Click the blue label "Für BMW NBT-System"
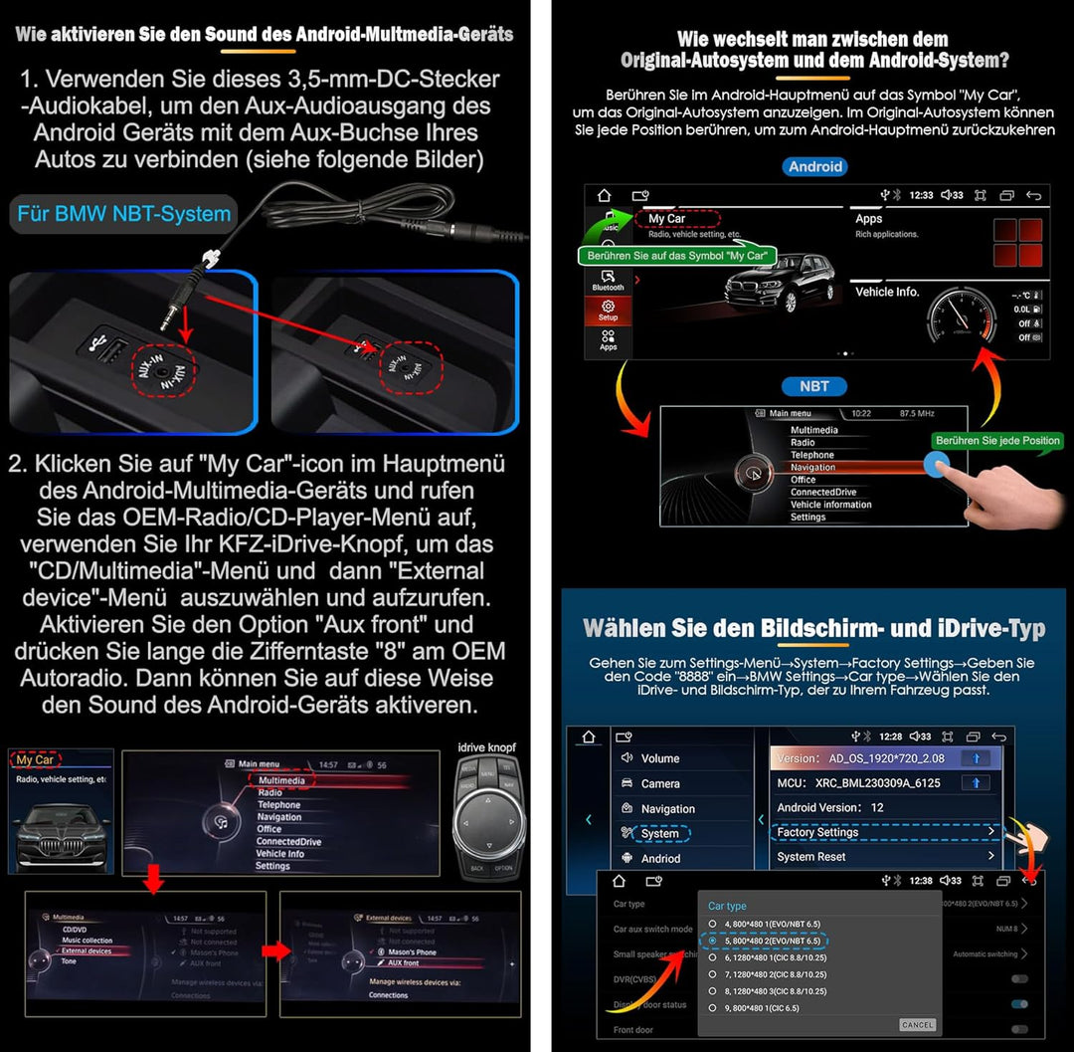[x=123, y=213]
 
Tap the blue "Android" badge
[x=814, y=167]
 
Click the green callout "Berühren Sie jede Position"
[x=997, y=441]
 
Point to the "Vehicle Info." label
[x=887, y=292]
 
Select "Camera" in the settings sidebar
[x=660, y=784]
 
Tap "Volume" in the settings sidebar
[x=660, y=758]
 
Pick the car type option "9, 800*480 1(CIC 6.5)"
[x=761, y=1008]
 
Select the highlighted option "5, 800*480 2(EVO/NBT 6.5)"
[x=765, y=941]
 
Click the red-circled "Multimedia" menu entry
[x=281, y=781]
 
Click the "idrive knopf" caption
[x=487, y=747]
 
